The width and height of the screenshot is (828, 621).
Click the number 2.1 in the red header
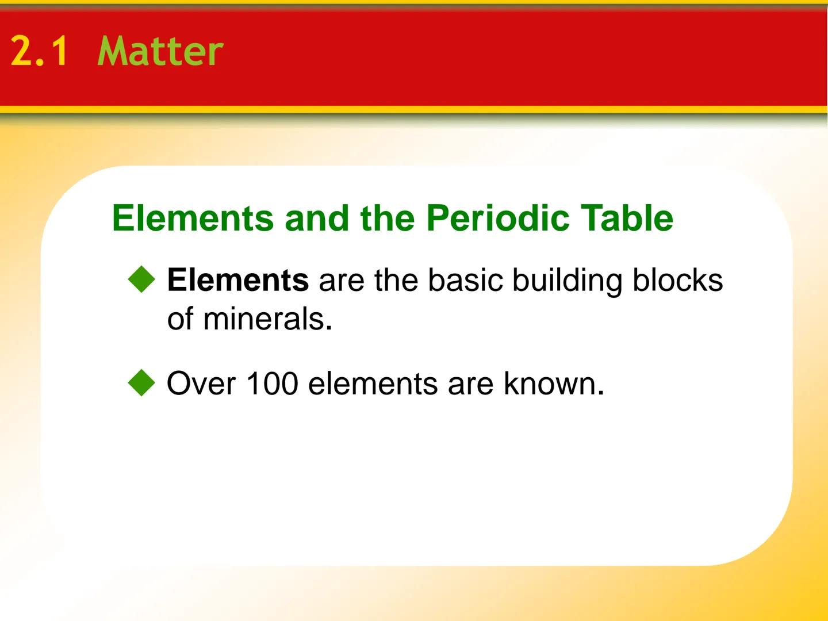tap(39, 51)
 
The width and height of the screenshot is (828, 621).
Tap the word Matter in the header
tap(160, 51)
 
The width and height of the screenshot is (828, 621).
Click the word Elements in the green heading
tap(193, 218)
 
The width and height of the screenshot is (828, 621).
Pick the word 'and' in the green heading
tap(317, 218)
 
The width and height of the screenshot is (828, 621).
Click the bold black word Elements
tap(237, 280)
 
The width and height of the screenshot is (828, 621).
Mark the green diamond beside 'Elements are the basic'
tap(141, 280)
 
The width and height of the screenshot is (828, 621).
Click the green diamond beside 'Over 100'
tap(141, 383)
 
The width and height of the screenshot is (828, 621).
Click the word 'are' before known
tap(470, 384)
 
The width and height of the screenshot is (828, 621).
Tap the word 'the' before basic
tap(396, 280)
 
